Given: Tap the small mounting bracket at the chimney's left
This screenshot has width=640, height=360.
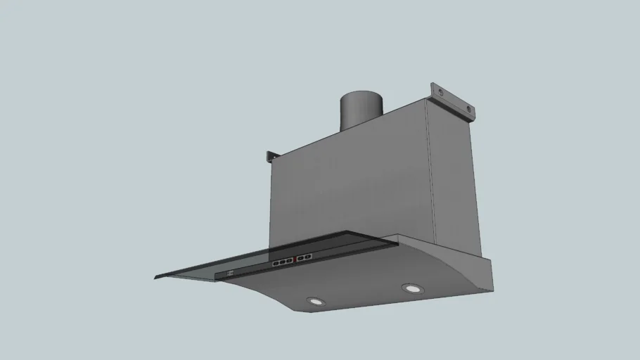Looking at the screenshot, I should tap(271, 156).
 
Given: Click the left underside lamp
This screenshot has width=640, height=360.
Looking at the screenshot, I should tap(316, 301).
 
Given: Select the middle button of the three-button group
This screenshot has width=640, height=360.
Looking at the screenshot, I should tap(282, 262).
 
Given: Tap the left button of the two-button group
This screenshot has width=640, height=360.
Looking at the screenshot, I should tap(301, 259).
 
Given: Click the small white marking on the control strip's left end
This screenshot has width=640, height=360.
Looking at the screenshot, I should tap(230, 273).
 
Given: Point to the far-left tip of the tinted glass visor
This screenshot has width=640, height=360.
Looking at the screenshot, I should tap(155, 277).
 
